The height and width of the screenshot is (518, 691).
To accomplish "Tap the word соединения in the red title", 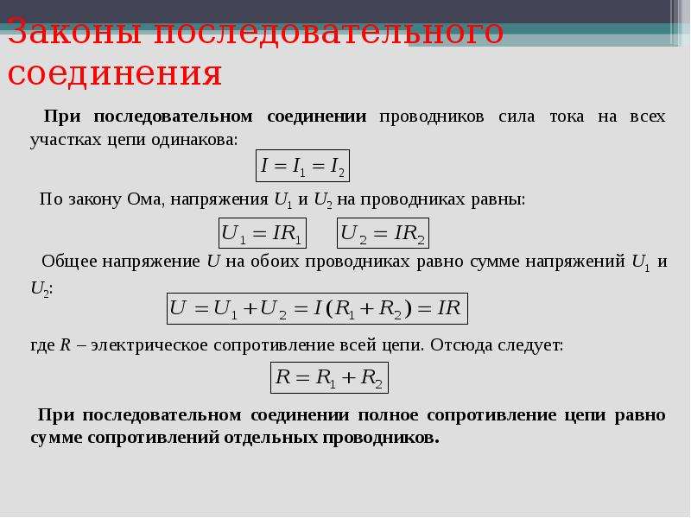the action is pyautogui.click(x=115, y=73).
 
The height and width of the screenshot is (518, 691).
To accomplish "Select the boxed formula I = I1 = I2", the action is pyautogui.click(x=303, y=166).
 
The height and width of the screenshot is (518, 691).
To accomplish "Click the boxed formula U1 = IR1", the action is pyautogui.click(x=263, y=233).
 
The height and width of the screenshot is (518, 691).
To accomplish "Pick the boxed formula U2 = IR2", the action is pyautogui.click(x=383, y=233).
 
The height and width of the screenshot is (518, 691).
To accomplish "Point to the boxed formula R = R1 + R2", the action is pyautogui.click(x=330, y=377).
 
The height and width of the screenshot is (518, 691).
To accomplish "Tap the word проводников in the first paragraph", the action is pyautogui.click(x=431, y=117).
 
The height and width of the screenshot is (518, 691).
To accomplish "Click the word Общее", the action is pyautogui.click(x=69, y=262).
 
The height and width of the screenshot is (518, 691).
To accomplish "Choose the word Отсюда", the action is pyautogui.click(x=461, y=344).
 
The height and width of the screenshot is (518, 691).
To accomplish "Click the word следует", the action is pyautogui.click(x=530, y=344).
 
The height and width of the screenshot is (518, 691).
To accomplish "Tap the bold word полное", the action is pyautogui.click(x=388, y=415).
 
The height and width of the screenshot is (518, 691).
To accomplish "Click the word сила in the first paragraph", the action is pyautogui.click(x=517, y=117).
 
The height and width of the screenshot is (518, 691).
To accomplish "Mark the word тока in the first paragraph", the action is pyautogui.click(x=567, y=117).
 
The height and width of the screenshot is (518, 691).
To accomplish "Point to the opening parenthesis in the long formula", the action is pyautogui.click(x=329, y=308).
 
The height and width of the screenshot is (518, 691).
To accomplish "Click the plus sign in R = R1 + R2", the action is pyautogui.click(x=348, y=378).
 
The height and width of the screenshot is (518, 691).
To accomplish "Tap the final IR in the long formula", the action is pyautogui.click(x=449, y=307).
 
